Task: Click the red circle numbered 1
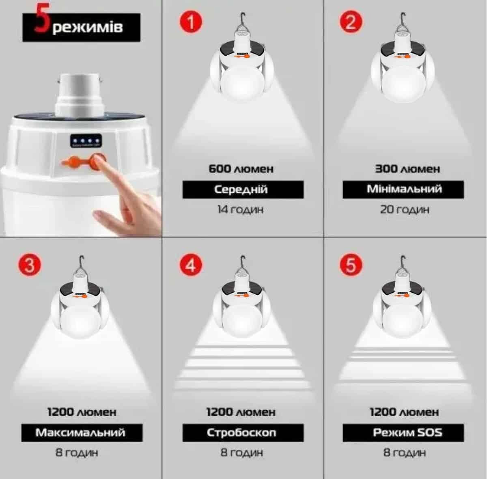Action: point(191,22)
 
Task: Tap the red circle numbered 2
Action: point(351,22)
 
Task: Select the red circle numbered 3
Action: point(30,265)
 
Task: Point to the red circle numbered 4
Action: point(191,265)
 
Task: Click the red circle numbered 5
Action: point(351,265)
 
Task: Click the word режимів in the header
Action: point(88,27)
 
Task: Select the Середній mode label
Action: point(241,189)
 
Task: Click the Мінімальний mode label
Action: point(404,189)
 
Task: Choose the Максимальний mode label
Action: point(80,432)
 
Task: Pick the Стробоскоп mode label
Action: point(241,432)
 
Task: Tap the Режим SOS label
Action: point(407,432)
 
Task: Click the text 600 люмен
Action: point(241,169)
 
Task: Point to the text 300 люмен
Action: point(407,169)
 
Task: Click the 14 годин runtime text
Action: point(240,209)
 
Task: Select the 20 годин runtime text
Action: point(405,209)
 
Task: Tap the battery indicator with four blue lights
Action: point(86,141)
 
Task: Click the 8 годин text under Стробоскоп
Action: point(241,453)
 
